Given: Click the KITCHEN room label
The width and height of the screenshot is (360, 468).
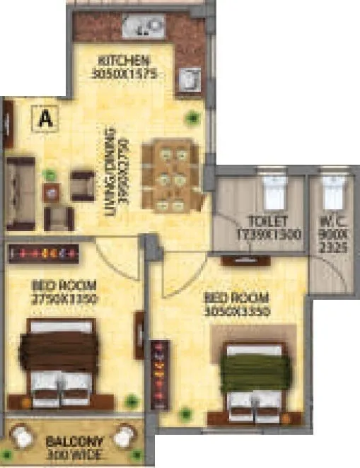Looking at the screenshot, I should [123, 59].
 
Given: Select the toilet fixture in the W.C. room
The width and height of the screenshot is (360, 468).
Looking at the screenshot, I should [332, 190].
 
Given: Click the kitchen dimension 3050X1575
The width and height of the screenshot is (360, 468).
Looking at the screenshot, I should [123, 73].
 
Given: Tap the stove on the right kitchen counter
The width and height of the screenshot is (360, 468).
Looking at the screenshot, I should [189, 80].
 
